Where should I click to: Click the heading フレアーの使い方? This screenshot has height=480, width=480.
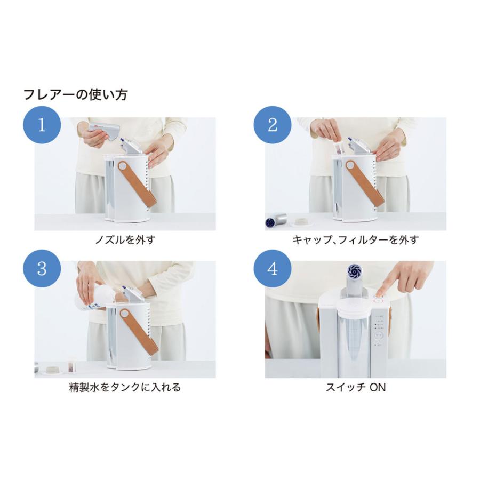(x=75, y=95)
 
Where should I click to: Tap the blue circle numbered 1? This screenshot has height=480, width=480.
(x=41, y=126)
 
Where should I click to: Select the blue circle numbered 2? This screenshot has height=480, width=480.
(x=272, y=126)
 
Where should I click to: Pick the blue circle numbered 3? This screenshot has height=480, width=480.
(x=41, y=269)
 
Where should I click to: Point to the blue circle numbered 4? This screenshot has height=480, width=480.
(x=272, y=269)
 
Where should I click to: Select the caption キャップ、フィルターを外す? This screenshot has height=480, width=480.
(x=355, y=240)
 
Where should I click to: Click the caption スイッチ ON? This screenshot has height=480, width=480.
(x=355, y=387)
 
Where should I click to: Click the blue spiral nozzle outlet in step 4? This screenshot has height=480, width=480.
(x=355, y=270)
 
